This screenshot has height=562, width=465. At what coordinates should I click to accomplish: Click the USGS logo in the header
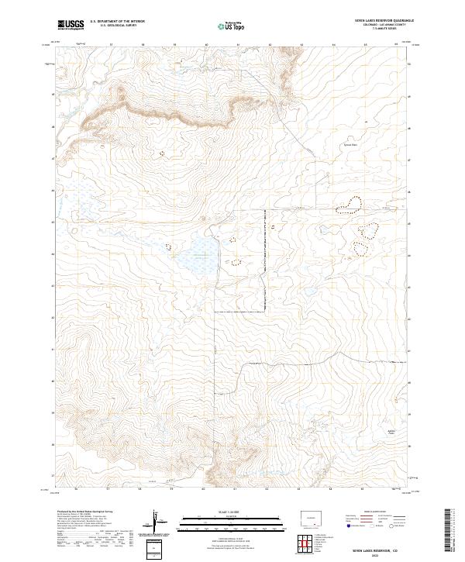click(70, 25)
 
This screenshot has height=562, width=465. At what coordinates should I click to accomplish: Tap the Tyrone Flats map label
click(350, 144)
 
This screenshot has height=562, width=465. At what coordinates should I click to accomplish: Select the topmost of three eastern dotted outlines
click(351, 205)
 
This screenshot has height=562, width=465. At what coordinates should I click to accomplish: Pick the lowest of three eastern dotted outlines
click(360, 248)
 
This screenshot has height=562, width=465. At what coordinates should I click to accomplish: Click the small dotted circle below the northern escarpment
click(162, 153)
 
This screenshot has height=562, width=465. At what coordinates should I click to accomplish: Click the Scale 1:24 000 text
click(211, 512)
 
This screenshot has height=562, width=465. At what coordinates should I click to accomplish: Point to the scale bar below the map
click(211, 520)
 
